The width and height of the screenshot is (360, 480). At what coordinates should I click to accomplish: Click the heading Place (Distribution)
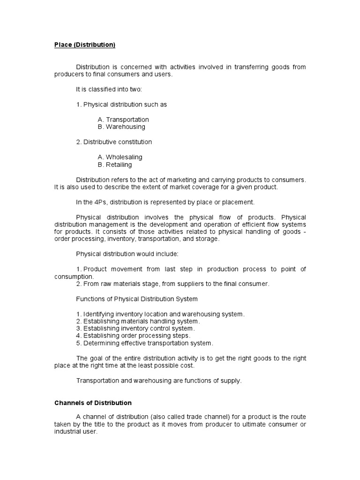[84, 45]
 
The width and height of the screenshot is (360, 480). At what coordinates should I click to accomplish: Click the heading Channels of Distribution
[93, 403]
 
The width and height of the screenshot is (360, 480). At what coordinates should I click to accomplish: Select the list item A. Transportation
[123, 120]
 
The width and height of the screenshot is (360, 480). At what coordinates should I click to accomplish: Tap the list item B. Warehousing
[121, 127]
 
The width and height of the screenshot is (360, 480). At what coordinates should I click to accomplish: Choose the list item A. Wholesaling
[120, 157]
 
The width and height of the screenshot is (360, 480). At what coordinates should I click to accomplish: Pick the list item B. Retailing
[115, 165]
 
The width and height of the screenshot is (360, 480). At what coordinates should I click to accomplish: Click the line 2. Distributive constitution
[114, 142]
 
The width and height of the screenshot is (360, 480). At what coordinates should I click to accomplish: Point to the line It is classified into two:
[105, 89]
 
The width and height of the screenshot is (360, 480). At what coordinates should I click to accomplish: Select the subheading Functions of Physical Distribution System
[137, 299]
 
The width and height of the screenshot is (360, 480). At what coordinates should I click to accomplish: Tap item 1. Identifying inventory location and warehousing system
[160, 314]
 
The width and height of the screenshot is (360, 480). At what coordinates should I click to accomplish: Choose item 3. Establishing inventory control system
[135, 329]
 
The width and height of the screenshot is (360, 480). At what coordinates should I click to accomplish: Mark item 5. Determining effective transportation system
[144, 343]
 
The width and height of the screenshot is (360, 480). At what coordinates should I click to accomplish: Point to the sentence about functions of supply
[159, 381]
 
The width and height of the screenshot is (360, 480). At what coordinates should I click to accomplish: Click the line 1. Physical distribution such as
[121, 105]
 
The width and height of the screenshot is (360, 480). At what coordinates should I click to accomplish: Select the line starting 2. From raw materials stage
[172, 284]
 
